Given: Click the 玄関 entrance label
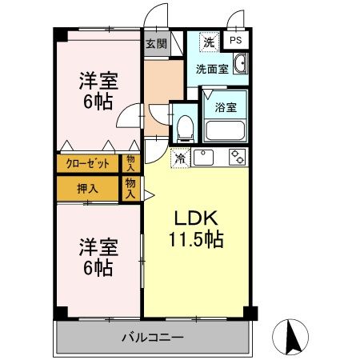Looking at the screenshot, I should coord(156,44).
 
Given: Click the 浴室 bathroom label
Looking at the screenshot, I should coord(224,106).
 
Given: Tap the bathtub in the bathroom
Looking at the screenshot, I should coord(224,129).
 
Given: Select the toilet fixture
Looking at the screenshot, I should coord(185,126).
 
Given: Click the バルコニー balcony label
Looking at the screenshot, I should coord(152,337).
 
